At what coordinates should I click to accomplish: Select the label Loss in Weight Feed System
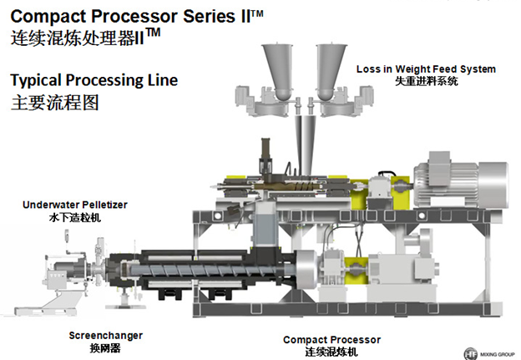pos(426,68)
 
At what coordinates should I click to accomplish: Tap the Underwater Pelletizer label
pos(75,205)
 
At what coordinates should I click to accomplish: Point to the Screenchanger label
pos(105,335)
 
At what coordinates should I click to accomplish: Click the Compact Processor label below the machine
pos(331,340)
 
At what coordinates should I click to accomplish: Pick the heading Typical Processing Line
pos(94,82)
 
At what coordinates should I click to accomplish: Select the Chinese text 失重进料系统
pos(426,81)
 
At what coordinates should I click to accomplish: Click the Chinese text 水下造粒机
pos(74,216)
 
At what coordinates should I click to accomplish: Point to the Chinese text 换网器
pos(105,347)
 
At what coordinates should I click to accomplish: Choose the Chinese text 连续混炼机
pos(331,352)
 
